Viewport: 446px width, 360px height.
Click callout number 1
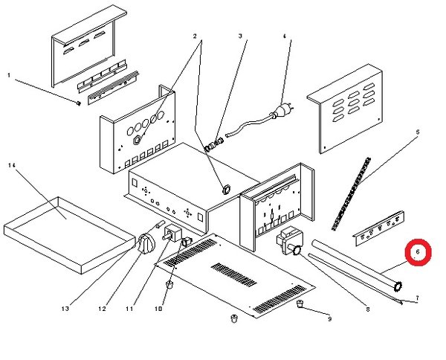[x=9, y=75]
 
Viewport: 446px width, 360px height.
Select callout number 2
[x=195, y=36]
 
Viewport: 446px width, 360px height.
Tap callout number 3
[x=240, y=36]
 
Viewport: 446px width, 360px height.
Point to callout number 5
[x=418, y=132]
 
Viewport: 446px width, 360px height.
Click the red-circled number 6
[x=418, y=252]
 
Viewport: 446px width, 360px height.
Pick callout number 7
[x=417, y=298]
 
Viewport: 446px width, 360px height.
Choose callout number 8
[x=367, y=309]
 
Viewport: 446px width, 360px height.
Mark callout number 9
[x=329, y=319]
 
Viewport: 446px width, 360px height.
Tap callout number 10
[x=158, y=309]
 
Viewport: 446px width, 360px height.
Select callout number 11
[x=129, y=309]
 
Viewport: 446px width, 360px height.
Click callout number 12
[x=102, y=309]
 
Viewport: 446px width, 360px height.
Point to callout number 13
[x=65, y=309]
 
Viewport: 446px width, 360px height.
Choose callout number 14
[x=12, y=165]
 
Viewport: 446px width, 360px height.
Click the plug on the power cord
[x=282, y=112]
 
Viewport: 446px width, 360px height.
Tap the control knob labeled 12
[x=146, y=243]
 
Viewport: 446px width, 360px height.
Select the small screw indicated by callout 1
[x=79, y=103]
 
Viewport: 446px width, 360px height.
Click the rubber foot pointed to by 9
[x=300, y=304]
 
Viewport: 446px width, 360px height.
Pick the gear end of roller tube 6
[x=398, y=286]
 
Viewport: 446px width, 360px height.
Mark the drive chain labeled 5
[x=352, y=193]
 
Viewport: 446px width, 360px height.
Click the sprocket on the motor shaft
[x=297, y=251]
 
